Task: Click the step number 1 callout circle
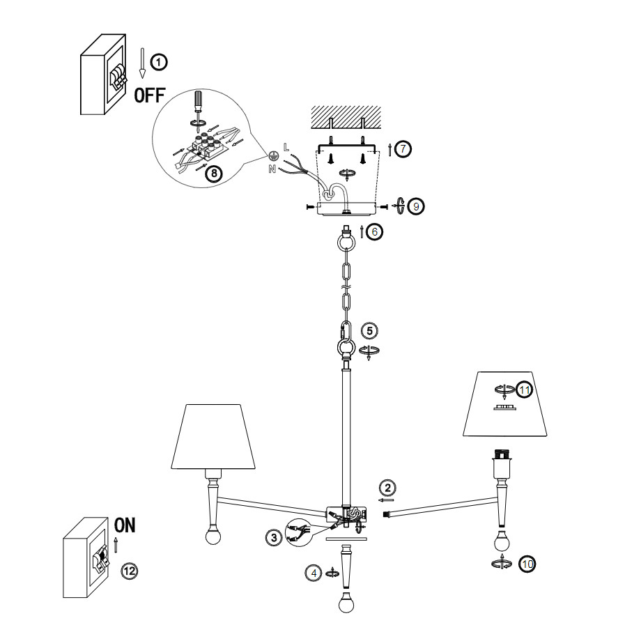[160, 62]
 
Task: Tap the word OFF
[150, 95]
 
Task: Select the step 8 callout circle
[214, 173]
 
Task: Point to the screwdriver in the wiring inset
[199, 102]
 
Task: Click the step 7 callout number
[403, 148]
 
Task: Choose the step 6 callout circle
[374, 232]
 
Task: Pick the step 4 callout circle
[314, 573]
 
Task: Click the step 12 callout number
[130, 571]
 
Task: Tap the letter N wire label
[272, 169]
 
